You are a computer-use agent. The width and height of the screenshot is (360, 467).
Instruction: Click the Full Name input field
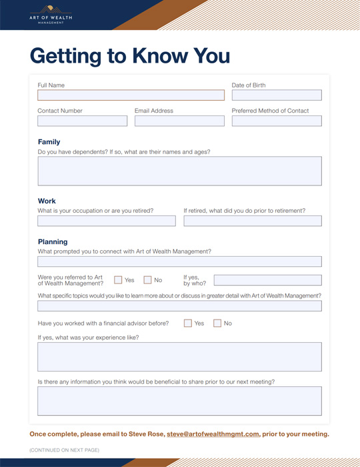tap(131, 95)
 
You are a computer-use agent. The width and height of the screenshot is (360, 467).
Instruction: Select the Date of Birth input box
tap(276, 95)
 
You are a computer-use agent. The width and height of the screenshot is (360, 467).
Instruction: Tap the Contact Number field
tap(82, 121)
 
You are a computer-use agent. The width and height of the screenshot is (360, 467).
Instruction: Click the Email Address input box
tap(179, 121)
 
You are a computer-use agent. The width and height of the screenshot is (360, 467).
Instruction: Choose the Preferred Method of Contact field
tap(276, 121)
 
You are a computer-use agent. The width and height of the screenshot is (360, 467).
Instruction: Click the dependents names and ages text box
tap(179, 171)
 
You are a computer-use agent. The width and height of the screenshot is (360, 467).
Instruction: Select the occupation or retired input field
tap(106, 221)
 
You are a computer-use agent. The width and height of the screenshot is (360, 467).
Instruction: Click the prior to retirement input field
tap(252, 221)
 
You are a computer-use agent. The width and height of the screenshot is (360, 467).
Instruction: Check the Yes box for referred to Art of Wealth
tap(118, 280)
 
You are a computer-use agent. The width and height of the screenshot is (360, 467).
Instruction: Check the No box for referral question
tap(148, 280)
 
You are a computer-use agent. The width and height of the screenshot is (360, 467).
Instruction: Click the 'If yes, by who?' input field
tap(267, 280)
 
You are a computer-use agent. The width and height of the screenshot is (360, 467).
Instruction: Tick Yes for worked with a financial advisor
tap(188, 324)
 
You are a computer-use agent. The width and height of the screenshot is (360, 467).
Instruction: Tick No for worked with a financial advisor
tap(217, 324)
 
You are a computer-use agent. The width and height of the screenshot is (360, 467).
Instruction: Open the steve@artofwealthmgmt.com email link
tap(213, 434)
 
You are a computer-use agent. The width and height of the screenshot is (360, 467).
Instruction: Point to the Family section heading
tap(49, 142)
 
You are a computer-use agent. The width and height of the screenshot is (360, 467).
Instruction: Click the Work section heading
tap(47, 201)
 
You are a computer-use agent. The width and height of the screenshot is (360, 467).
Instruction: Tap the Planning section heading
tap(53, 242)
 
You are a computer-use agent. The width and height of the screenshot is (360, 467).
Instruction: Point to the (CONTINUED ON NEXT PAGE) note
tap(64, 450)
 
